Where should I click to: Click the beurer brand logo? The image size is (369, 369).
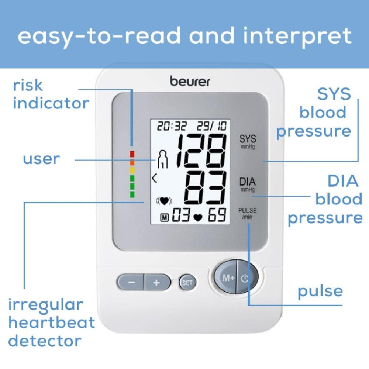click(190, 81)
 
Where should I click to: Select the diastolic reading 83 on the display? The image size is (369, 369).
click(205, 188)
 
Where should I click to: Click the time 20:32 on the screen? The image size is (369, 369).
click(172, 126)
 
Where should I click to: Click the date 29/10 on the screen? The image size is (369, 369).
click(212, 126)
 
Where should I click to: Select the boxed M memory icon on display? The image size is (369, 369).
click(165, 218)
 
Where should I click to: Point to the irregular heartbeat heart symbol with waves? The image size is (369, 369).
click(164, 201)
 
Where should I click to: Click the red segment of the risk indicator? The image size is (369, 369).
click(132, 154)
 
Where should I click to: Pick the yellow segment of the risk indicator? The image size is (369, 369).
click(132, 170)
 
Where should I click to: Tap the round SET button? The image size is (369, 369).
click(187, 283)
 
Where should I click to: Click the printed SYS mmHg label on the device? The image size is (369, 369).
click(248, 141)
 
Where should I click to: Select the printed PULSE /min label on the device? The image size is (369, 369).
click(247, 213)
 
